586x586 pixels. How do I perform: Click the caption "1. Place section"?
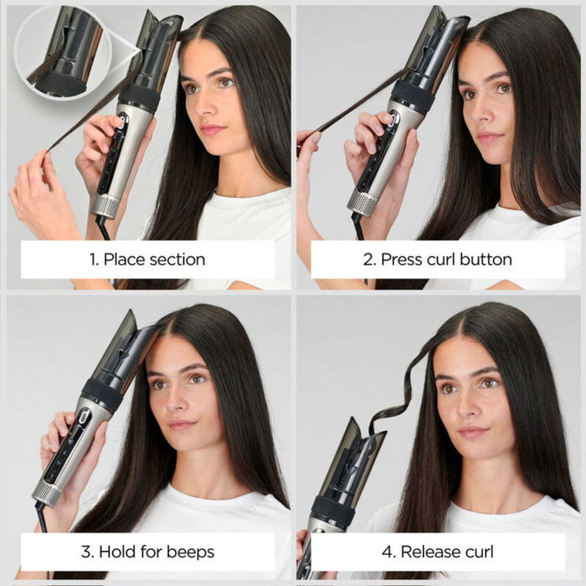[147, 260]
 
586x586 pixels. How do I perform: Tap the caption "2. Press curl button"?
[438, 260]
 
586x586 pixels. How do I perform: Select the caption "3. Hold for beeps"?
[147, 552]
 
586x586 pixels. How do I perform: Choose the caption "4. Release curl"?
[438, 552]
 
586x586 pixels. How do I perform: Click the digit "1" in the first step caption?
[93, 260]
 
